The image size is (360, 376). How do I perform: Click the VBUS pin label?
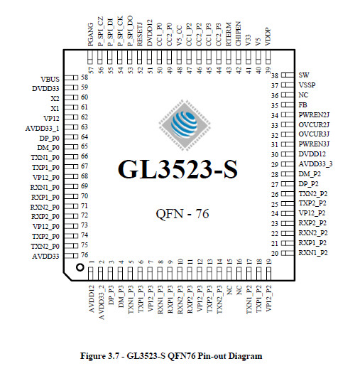[50, 79]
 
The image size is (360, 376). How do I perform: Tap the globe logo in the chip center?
[185, 125]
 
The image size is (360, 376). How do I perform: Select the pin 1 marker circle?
[80, 267]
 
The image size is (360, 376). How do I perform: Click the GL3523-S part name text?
[178, 169]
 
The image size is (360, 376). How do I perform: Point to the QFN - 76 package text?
[182, 214]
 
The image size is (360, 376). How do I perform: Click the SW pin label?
[304, 75]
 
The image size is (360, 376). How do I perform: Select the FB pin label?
[302, 105]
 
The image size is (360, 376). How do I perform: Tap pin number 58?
[84, 77]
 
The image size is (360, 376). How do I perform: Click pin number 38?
[275, 75]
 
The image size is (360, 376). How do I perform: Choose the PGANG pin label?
[91, 34]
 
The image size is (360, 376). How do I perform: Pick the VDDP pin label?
[268, 37]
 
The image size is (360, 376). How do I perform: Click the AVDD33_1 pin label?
[42, 128]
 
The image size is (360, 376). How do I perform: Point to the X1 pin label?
[55, 108]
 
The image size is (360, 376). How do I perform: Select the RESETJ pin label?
[140, 34]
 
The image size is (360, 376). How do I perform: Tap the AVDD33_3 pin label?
[315, 164]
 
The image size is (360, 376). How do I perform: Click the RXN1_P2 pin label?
[313, 253]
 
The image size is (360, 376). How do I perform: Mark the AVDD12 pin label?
[92, 299]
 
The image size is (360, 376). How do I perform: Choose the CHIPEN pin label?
[239, 34]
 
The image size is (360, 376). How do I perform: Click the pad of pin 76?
[72, 256]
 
